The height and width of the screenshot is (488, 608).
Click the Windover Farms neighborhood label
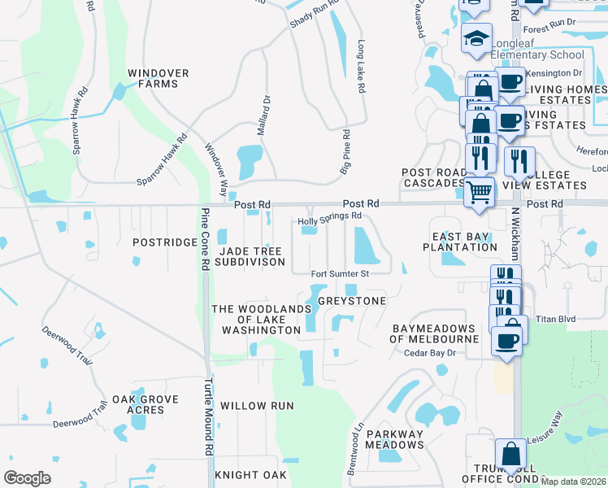pos(158,78)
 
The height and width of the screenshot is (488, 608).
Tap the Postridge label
pos(164,242)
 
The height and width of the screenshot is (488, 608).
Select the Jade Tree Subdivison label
pos(250,256)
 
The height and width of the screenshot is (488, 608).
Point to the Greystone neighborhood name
pos(351,301)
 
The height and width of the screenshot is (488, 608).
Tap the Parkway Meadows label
pos(394,439)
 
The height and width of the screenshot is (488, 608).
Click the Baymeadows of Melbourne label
pos(435,333)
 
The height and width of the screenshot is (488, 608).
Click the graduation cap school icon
pos(476,38)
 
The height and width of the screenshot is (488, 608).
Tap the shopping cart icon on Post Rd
pos(480,193)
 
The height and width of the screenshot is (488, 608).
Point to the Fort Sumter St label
pos(340,274)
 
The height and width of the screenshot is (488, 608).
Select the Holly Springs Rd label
pos(329,217)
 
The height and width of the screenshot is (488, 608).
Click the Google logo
pos(27,478)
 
